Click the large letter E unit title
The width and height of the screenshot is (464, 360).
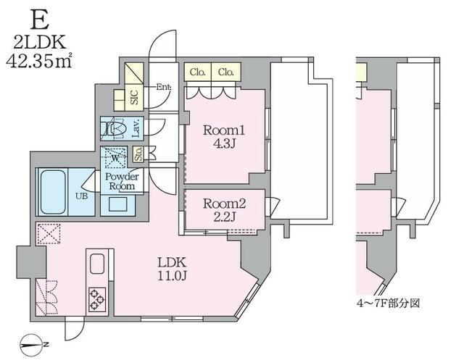coord(40,20)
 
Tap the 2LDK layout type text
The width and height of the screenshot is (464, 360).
coord(39,42)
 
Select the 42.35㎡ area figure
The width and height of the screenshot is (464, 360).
coord(38,62)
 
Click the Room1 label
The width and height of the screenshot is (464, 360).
coord(224,130)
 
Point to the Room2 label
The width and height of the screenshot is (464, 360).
coord(224,204)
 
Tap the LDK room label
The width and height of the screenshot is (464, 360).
coord(172,262)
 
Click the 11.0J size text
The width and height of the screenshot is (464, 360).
coord(172,276)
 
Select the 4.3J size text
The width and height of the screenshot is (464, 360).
coord(224,143)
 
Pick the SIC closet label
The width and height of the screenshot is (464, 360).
coord(134,96)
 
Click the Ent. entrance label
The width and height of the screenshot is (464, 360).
coord(164,87)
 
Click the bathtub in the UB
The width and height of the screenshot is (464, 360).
coord(53,191)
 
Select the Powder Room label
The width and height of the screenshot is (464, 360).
coord(122,181)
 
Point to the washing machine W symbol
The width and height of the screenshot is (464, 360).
coord(115,158)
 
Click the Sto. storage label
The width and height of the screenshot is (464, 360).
coord(138,154)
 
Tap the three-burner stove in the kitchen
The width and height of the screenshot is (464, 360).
coord(97,299)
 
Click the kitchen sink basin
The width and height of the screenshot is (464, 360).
coord(97,264)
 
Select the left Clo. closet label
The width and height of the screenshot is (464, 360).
coord(198,72)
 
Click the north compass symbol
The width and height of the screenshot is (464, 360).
coord(32,346)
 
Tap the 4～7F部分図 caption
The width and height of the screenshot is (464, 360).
coord(388,304)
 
